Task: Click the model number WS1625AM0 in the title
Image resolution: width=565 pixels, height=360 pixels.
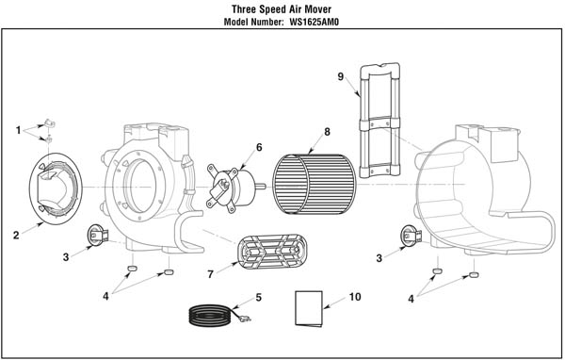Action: (314, 22)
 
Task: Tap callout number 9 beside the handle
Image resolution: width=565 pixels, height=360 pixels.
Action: (341, 77)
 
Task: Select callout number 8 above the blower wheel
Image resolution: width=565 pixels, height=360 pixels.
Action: (327, 132)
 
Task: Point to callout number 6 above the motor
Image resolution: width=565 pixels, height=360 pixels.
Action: (259, 148)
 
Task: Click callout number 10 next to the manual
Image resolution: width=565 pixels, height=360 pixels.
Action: (355, 297)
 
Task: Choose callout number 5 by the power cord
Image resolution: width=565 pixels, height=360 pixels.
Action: (258, 298)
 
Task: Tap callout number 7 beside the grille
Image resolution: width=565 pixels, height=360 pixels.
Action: (210, 274)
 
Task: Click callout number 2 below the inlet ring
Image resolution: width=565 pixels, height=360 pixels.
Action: (16, 236)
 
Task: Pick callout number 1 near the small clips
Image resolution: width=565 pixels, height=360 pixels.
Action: (19, 130)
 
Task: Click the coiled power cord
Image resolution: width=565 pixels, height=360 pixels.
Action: (210, 316)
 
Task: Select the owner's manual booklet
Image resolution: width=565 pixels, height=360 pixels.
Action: (309, 309)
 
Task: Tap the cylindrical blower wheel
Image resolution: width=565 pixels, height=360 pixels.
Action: (315, 185)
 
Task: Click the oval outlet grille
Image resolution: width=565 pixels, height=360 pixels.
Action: (272, 253)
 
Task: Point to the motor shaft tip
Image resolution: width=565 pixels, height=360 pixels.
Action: (265, 187)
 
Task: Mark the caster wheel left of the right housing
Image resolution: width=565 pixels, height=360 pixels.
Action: (411, 236)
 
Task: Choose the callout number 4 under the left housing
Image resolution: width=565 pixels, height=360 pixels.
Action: (105, 297)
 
